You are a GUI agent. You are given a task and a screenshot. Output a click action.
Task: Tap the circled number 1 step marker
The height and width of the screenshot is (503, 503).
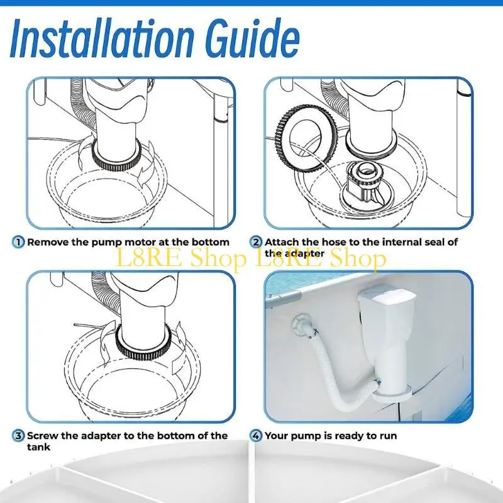18,242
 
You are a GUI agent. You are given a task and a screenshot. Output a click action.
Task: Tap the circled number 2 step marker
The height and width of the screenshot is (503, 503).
256,242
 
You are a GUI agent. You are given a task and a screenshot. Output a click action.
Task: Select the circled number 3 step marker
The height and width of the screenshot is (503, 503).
18,436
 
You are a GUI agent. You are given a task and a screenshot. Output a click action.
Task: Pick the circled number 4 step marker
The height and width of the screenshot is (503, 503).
256,436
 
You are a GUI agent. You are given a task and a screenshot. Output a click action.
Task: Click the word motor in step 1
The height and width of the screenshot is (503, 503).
140,242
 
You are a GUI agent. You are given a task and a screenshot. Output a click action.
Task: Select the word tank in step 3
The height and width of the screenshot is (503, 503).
38,447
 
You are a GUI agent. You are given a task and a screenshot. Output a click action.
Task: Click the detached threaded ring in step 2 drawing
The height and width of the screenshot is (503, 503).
306,137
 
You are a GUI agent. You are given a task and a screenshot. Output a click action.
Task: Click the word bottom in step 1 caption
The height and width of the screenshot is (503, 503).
211,242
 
